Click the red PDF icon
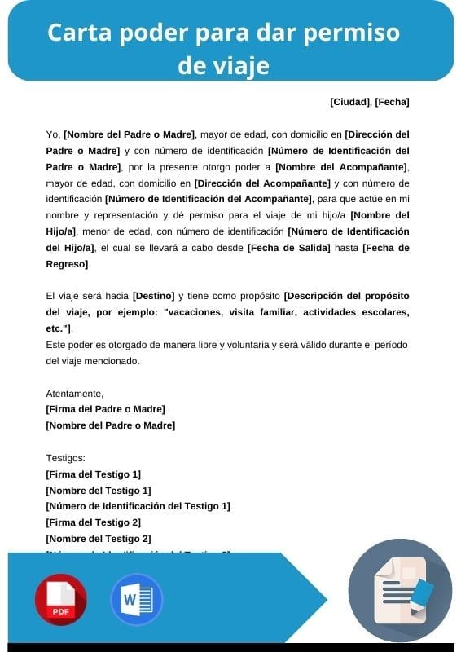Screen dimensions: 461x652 (60, 600)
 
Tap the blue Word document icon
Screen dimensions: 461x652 (136, 600)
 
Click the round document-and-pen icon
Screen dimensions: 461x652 (400, 590)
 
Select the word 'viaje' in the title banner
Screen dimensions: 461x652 (223, 64)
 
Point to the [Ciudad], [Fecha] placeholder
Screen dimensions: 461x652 (369, 102)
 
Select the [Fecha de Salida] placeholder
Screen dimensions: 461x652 (288, 247)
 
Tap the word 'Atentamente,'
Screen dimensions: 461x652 (74, 393)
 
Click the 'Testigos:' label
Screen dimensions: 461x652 (66, 458)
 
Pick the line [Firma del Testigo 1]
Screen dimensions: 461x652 (94, 474)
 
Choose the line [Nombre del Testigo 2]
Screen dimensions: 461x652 (99, 539)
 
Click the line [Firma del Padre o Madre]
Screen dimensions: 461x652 (106, 409)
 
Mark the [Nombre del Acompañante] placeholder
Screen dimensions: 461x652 (340, 167)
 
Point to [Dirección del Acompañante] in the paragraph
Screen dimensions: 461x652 (262, 183)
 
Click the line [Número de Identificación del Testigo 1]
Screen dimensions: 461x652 (138, 506)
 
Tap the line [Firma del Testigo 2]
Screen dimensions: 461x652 (94, 522)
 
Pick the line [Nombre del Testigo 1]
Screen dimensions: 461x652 (99, 491)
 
